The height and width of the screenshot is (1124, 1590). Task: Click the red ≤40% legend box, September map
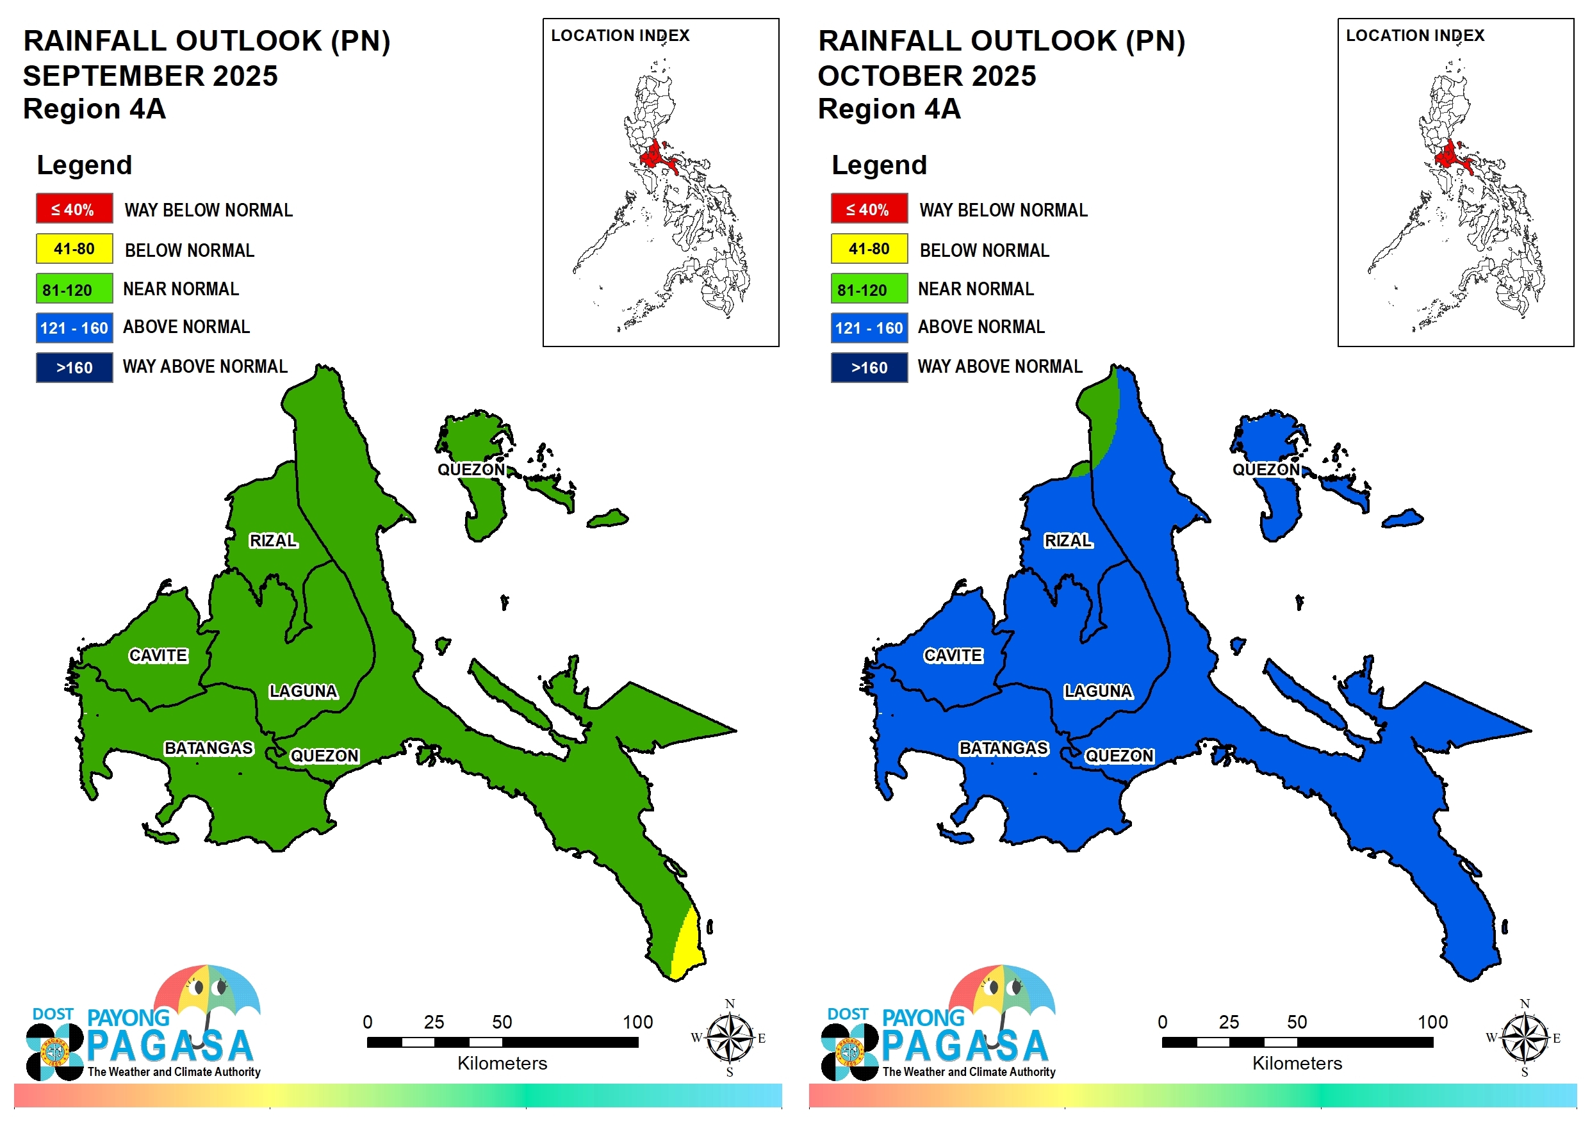[74, 208]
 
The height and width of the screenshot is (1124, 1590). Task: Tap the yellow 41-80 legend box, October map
[869, 248]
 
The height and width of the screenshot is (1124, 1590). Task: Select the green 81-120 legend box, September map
[74, 289]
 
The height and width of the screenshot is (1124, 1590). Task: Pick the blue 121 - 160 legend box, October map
[869, 327]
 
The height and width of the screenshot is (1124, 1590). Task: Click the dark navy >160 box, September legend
[74, 368]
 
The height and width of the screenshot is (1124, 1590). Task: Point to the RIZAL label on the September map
[273, 540]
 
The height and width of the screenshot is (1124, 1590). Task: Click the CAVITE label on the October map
[953, 655]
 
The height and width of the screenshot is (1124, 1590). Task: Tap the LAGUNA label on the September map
[303, 691]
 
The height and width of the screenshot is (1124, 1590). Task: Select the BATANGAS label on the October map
[1003, 748]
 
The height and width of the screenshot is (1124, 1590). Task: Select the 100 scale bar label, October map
[1432, 1022]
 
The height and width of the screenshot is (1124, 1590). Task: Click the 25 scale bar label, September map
[434, 1022]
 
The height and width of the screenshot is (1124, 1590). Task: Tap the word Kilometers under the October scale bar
[1297, 1063]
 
